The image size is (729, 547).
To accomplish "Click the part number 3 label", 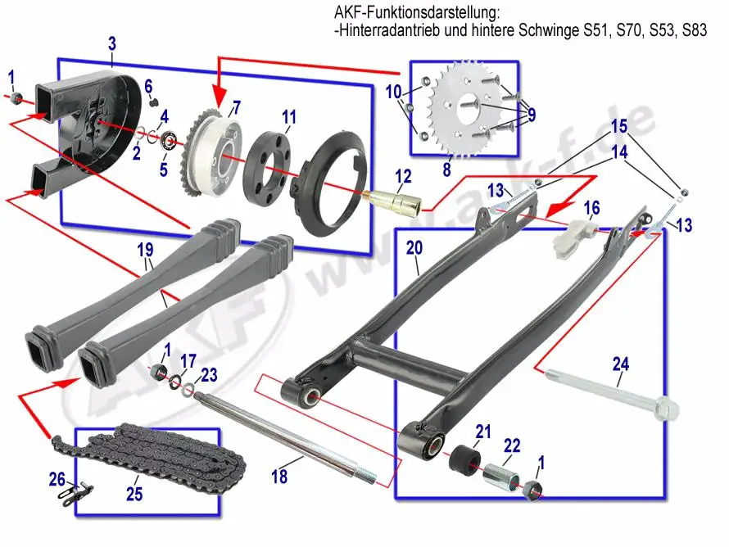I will pos(112,43).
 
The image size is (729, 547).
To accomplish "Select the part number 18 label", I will pos(279,475).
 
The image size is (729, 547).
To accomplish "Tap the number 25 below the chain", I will pos(134,495).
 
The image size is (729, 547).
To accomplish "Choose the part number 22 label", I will pos(512,446).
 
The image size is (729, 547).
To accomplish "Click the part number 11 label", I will pos(288,117).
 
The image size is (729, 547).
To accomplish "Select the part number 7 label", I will pos(237,106).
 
